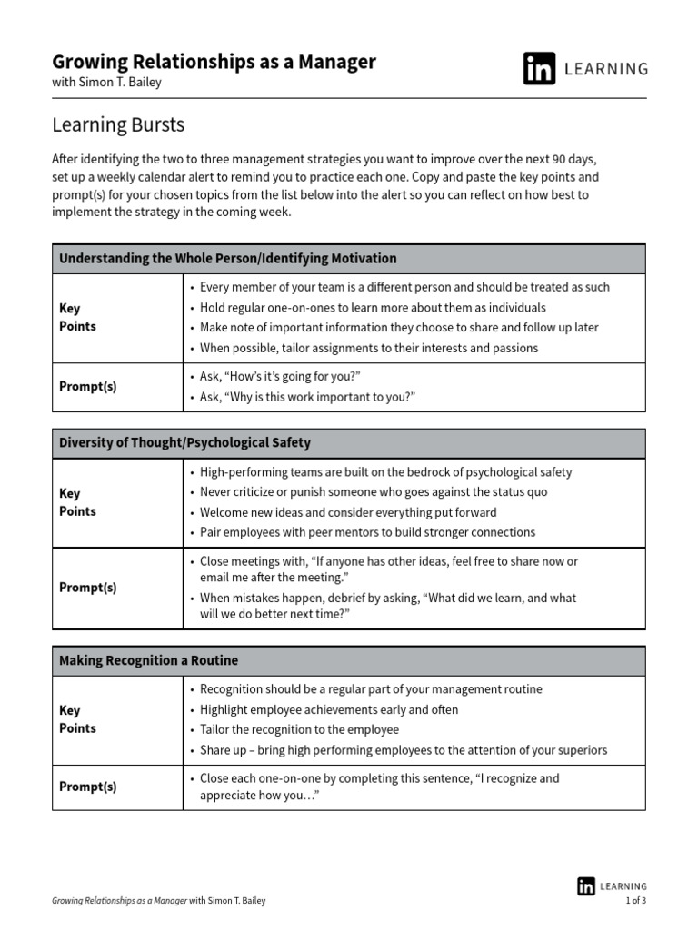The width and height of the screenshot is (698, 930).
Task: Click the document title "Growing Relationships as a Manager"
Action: pyautogui.click(x=214, y=62)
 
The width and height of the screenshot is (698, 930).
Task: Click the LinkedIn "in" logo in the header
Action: pyautogui.click(x=539, y=68)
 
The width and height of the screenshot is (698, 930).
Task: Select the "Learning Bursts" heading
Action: pyautogui.click(x=118, y=124)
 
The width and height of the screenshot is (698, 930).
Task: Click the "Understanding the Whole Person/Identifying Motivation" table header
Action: pyautogui.click(x=228, y=259)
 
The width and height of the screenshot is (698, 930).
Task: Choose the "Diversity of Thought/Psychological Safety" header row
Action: pyautogui.click(x=184, y=443)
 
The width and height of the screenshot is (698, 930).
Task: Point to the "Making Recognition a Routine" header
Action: pyautogui.click(x=148, y=660)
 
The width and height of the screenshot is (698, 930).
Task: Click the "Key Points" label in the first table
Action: pyautogui.click(x=77, y=318)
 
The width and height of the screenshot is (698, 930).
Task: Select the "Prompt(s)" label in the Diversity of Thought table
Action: pyautogui.click(x=87, y=588)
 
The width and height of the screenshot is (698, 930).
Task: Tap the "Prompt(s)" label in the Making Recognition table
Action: pyautogui.click(x=87, y=787)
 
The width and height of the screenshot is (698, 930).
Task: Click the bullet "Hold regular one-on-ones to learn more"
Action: pyautogui.click(x=373, y=308)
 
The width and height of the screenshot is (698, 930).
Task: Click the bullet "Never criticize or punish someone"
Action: pyautogui.click(x=374, y=492)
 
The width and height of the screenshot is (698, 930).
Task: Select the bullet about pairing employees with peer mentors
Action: pyautogui.click(x=367, y=532)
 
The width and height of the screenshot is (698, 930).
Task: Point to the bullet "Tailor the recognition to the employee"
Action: pyautogui.click(x=299, y=729)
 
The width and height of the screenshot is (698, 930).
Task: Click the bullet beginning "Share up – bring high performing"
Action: pyautogui.click(x=404, y=750)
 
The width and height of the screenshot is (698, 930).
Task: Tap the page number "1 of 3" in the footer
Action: pyautogui.click(x=635, y=901)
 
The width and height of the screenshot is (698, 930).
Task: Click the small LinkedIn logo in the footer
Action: pyautogui.click(x=586, y=886)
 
